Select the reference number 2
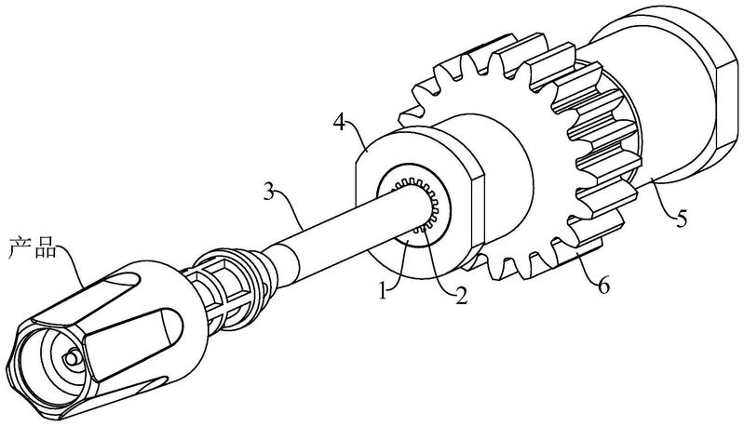pos(461,295)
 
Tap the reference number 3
pos(269,193)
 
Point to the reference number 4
pos(339,122)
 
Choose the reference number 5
pos(682,218)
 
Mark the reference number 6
pos(603,286)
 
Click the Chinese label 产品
pos(33,248)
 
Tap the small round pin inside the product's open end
pos(72,357)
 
